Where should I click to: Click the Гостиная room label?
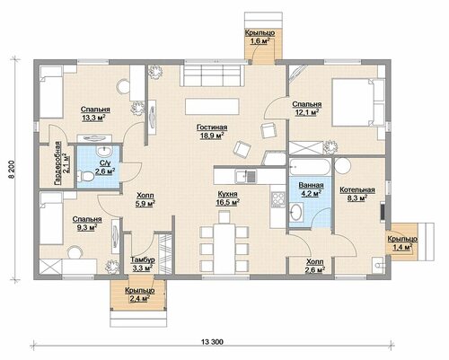tap(212, 127)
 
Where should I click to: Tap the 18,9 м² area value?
tap(212, 136)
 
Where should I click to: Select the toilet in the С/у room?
tap(85, 176)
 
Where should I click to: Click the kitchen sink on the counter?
tap(245, 176)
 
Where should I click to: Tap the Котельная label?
tap(357, 189)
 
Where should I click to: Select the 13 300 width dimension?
tap(212, 342)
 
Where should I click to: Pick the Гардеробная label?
tap(57, 163)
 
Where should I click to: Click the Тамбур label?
tap(143, 259)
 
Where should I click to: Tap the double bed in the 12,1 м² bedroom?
tap(357, 102)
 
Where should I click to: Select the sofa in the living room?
tap(213, 75)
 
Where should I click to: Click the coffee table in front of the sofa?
tap(212, 106)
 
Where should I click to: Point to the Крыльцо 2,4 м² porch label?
tap(140, 294)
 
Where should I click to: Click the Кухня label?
tap(227, 194)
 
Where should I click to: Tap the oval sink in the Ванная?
tap(295, 212)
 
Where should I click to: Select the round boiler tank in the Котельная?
tap(342, 166)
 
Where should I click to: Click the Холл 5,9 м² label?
tap(145, 199)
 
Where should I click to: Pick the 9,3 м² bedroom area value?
tap(87, 228)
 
